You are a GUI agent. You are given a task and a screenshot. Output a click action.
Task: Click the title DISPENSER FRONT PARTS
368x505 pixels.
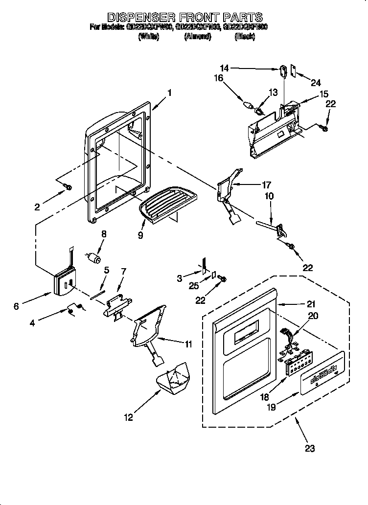pos(184,18)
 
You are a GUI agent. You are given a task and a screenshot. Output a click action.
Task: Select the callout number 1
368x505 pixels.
pos(169,92)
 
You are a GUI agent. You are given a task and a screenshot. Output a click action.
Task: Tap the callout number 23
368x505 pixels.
pos(310,447)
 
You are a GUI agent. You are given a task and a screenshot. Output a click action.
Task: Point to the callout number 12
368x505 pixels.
pos(128,417)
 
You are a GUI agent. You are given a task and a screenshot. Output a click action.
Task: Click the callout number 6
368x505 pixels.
pos(17,306)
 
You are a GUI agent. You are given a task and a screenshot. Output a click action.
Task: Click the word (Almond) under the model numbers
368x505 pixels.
pos(198,36)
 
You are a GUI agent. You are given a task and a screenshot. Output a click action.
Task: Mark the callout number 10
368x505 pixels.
pos(270,196)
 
